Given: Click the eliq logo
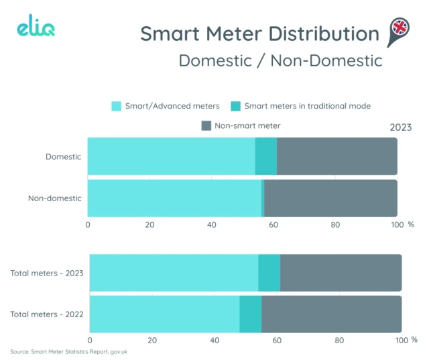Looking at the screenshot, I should pos(36,29).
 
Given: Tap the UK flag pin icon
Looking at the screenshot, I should pos(400,30).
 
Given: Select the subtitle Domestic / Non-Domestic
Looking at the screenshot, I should pos(280,60).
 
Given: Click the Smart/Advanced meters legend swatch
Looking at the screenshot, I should pos(117,106).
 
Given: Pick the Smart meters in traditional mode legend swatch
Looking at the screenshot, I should pos(235,106).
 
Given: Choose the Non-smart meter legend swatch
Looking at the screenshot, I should pos(206,125).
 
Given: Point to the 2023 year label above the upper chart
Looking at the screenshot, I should pos(400,127).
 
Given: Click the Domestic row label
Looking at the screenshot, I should pos(63,157).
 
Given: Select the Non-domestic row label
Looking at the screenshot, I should pos(54,198).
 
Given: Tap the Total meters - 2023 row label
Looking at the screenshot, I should pos(46,273).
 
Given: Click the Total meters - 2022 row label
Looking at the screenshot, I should pos(46,314).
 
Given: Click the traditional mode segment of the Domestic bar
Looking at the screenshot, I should pos(266,157).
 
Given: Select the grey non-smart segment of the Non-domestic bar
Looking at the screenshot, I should pos(330,198).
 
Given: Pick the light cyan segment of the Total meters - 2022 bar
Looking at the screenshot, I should pos(164,314).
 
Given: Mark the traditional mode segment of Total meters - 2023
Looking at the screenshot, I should pos(269,273).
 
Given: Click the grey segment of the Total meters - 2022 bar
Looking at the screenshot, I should pos(331,314).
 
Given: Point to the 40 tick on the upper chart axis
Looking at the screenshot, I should pos(212,225).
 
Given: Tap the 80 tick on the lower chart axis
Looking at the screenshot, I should pos(339,341).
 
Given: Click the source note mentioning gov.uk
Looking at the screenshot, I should pos(69,352).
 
